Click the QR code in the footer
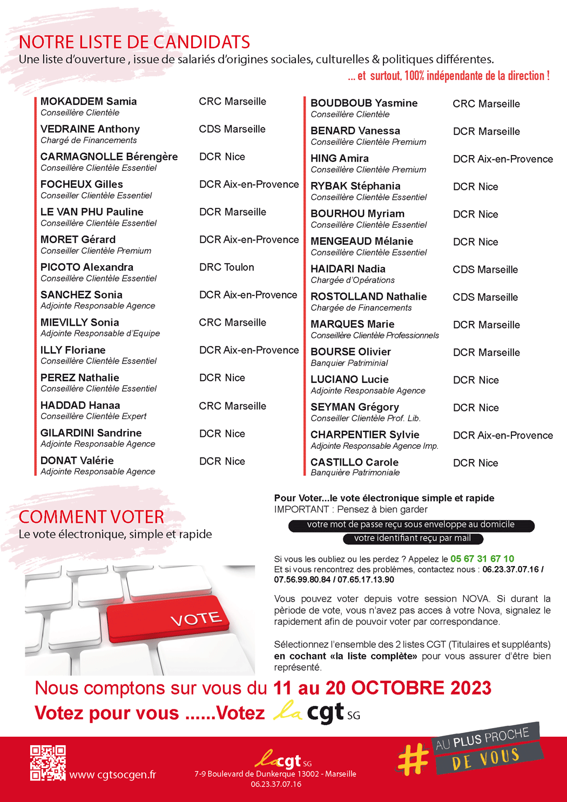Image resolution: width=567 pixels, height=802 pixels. click(x=48, y=763)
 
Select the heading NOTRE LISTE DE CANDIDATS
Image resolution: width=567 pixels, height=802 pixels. click(x=134, y=42)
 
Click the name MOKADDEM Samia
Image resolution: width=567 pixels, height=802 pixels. click(x=89, y=102)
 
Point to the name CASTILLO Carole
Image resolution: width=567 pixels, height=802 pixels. click(x=354, y=462)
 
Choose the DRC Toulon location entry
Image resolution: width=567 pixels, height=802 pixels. click(x=226, y=267)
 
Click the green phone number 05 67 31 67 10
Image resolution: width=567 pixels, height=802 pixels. click(x=482, y=559)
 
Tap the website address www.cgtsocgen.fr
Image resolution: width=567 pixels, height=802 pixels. click(x=112, y=775)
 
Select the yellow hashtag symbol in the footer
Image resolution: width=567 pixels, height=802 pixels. click(x=413, y=758)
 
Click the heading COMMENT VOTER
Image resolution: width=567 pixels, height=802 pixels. click(x=91, y=517)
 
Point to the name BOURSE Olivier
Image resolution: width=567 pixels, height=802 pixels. click(x=350, y=352)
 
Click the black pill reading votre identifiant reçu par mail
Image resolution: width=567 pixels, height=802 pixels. click(x=413, y=538)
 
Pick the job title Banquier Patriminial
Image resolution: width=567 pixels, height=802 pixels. click(x=349, y=363)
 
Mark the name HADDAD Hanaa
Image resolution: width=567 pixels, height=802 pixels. click(x=80, y=406)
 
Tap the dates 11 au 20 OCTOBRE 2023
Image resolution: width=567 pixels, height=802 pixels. click(x=382, y=688)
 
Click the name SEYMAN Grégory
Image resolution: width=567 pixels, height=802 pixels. click(x=355, y=407)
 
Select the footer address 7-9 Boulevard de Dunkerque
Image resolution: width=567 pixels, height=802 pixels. click(x=275, y=774)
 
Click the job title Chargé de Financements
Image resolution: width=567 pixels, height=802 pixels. click(x=89, y=140)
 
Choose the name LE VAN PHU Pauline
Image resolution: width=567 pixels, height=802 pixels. click(x=92, y=212)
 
